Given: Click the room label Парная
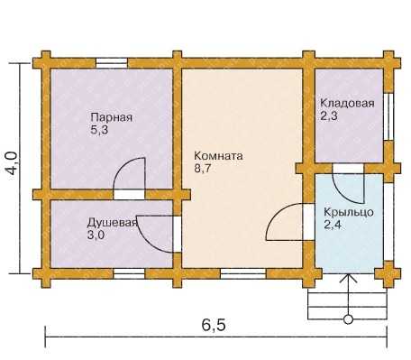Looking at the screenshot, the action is coord(112,117).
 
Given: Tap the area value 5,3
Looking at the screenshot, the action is coord(99,130).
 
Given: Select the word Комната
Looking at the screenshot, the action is coord(218,156).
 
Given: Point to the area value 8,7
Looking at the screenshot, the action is coord(203,169).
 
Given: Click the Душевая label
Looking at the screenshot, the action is coord(113,223).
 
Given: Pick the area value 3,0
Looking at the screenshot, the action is coord(96,235).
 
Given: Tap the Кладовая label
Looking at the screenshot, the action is coord(347,103).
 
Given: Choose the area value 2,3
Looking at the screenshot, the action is coord(329,115).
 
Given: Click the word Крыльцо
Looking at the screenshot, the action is coord(349,212).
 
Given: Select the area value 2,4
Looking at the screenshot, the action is coord(333,225).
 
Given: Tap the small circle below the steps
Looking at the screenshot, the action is coord(348,319).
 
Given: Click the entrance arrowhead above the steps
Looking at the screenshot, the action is coord(348,278).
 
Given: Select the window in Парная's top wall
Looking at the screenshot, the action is coord(112,63).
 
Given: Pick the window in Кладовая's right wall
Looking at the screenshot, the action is coord(389,115).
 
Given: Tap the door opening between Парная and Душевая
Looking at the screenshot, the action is coord(129,195).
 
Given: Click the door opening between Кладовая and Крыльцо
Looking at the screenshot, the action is coord(348,169).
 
